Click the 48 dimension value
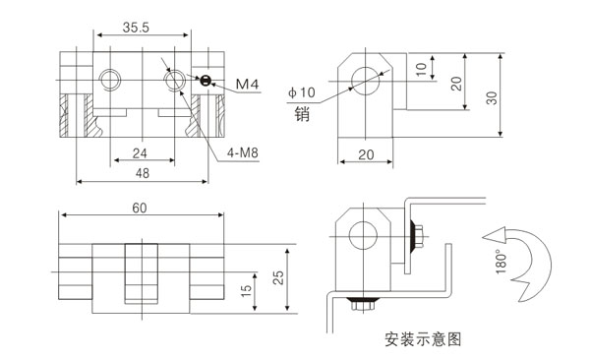(x=142, y=173)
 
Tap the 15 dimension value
(x=247, y=291)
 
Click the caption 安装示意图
(x=423, y=340)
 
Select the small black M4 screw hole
(x=206, y=81)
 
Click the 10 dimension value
(x=421, y=70)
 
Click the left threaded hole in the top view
(x=108, y=77)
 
